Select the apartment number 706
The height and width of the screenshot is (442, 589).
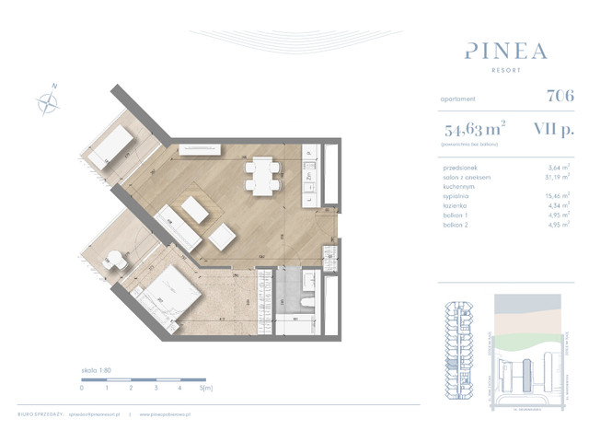pyautogui.click(x=559, y=95)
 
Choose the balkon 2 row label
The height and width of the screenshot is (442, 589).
pyautogui.click(x=457, y=224)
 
